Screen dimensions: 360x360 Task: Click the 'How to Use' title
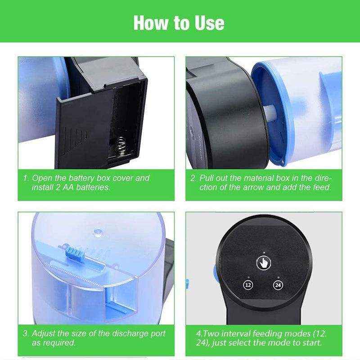(x=179, y=23)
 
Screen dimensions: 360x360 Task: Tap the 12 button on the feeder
(x=248, y=285)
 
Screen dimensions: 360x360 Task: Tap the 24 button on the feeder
(x=278, y=285)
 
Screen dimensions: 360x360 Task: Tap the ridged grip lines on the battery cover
(x=74, y=140)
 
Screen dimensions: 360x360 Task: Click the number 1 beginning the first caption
(x=26, y=178)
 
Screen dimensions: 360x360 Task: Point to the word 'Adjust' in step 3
(x=43, y=333)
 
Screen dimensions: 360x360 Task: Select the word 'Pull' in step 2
(x=206, y=178)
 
